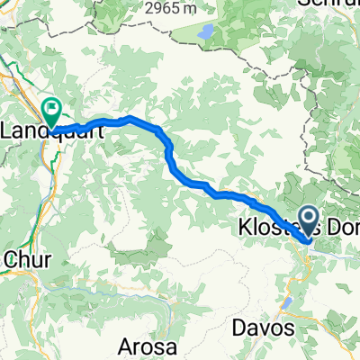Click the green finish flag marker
point(53,112)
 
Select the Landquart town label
point(49,130)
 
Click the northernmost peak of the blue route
point(130,118)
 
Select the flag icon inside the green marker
point(53,109)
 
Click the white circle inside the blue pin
point(307,217)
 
